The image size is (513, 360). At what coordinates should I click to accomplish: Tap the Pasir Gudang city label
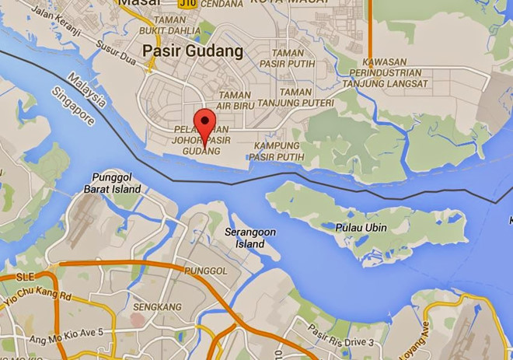click(x=193, y=51)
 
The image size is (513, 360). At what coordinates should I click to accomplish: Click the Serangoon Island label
click(x=250, y=238)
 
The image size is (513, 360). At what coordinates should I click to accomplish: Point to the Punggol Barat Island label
click(x=117, y=183)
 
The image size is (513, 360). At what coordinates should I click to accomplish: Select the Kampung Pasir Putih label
click(x=277, y=152)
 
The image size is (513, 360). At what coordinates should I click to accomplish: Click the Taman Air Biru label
click(x=233, y=100)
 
